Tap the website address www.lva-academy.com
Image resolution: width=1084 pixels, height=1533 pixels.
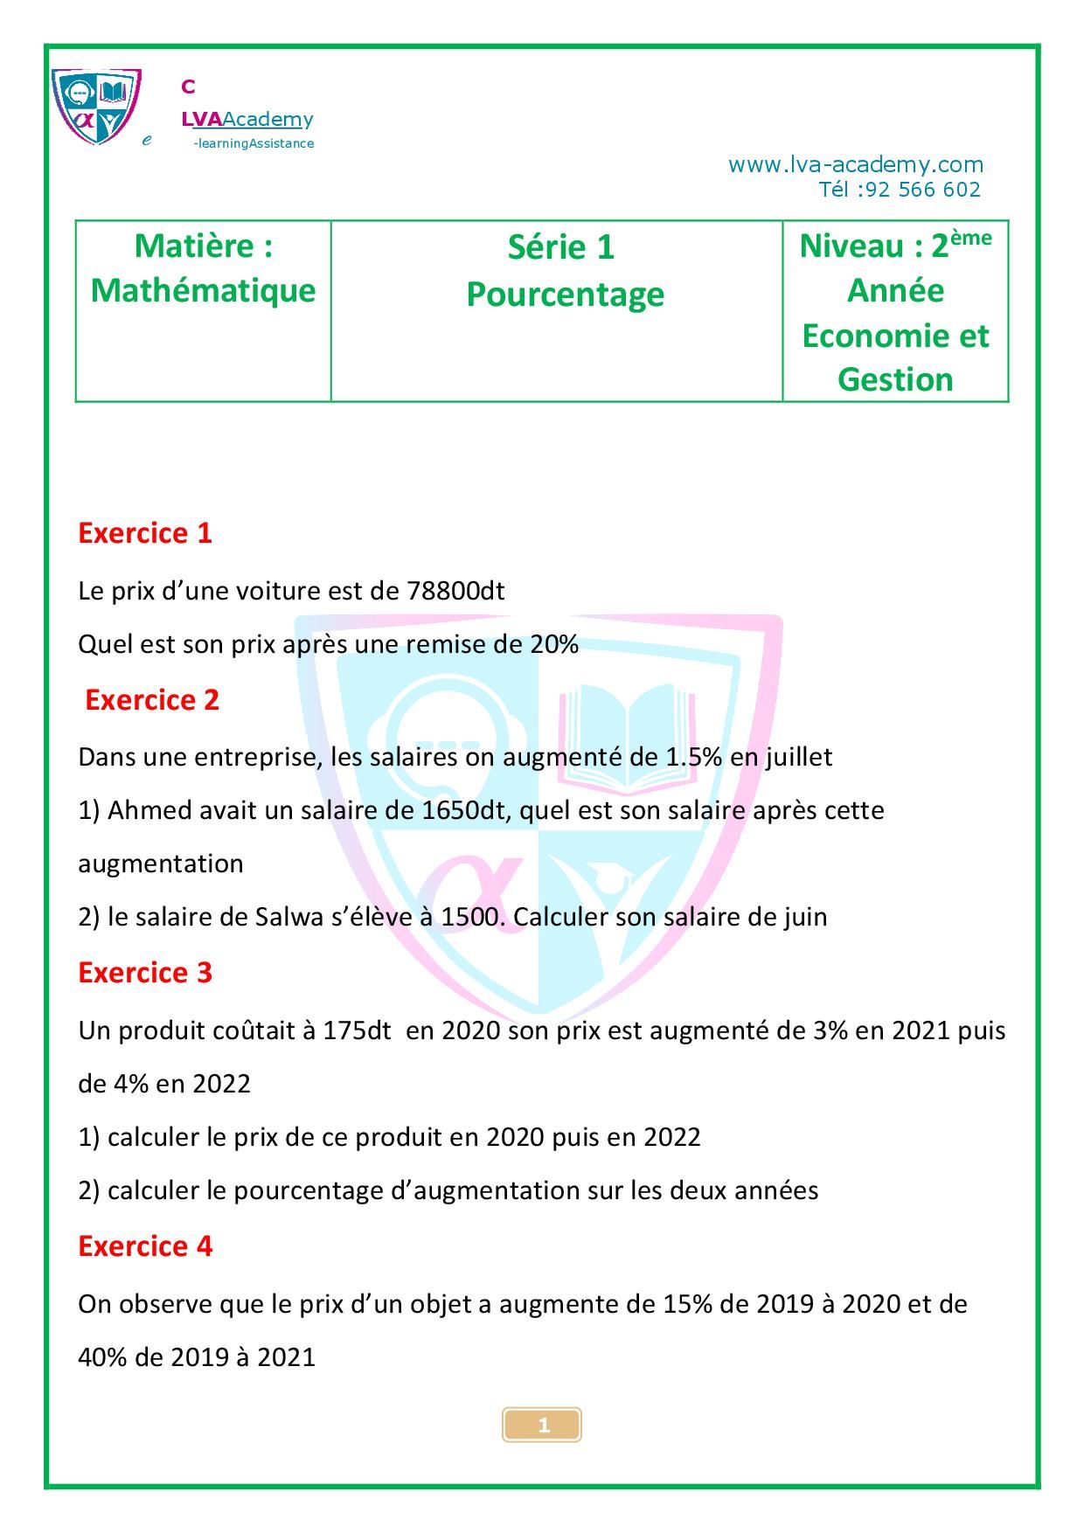[x=855, y=164]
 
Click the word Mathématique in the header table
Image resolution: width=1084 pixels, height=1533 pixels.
[x=203, y=290]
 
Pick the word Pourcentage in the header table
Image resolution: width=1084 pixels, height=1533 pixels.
[x=565, y=294]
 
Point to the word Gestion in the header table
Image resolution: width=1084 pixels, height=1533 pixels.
[x=895, y=379]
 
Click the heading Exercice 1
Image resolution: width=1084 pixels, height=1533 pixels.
[x=145, y=533]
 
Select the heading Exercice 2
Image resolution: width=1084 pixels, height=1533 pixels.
[x=152, y=700]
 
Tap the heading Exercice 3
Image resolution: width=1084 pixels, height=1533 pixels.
[x=145, y=973]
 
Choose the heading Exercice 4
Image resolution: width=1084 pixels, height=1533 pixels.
[x=145, y=1246]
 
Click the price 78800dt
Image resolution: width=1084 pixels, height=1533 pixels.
[x=455, y=591]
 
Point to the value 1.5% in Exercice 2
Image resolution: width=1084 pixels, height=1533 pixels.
[x=693, y=757]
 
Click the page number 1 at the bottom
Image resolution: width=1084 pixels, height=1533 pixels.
[x=543, y=1425]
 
